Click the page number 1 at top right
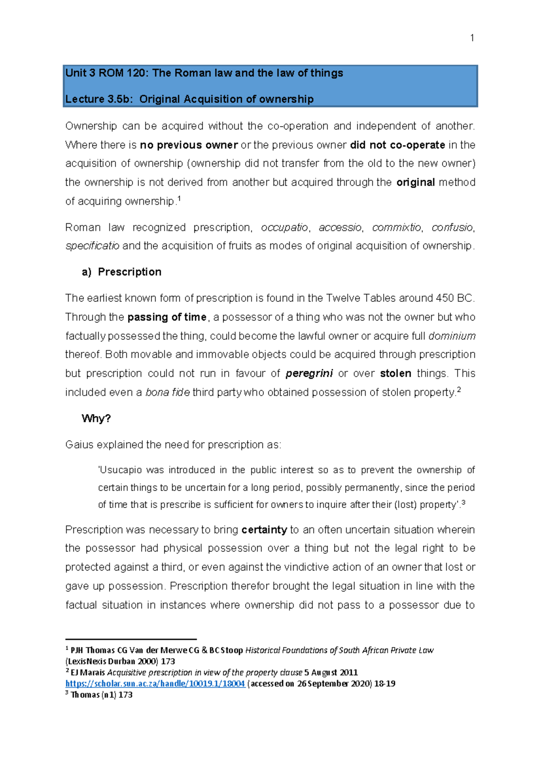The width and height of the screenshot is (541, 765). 472,38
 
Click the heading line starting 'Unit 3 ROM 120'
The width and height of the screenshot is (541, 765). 204,73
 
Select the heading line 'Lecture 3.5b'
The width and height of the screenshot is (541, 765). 189,99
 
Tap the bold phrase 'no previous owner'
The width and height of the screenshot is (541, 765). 188,145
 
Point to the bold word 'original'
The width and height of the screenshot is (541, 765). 415,183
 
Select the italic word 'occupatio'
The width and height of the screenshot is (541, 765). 284,228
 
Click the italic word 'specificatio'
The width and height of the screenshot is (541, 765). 92,246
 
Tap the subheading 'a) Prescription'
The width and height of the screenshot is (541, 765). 122,272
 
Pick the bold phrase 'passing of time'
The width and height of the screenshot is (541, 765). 167,318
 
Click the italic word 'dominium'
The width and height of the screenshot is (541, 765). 452,336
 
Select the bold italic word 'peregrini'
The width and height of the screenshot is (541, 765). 309,374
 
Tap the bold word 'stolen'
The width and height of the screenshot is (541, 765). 395,374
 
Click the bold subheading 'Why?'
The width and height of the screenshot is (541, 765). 96,419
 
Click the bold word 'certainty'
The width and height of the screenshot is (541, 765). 264,530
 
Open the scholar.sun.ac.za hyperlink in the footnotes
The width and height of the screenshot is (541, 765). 155,684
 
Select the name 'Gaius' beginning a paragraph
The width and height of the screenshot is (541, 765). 79,445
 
